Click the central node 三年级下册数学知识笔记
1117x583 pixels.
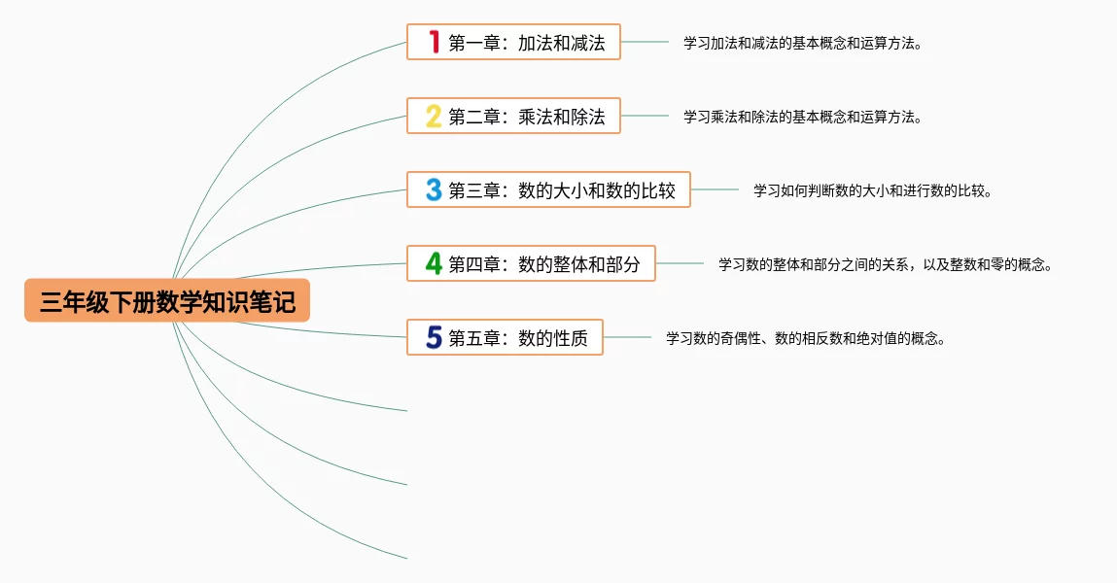pyautogui.click(x=167, y=301)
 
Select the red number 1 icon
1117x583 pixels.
pyautogui.click(x=434, y=42)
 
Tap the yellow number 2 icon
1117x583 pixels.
pyautogui.click(x=434, y=116)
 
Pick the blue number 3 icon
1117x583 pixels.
pyautogui.click(x=434, y=189)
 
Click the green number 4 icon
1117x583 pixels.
pyautogui.click(x=434, y=263)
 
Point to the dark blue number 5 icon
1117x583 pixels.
pyautogui.click(x=434, y=337)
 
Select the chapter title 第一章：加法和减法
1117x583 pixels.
pyautogui.click(x=527, y=43)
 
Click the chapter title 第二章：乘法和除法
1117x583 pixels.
pyautogui.click(x=527, y=117)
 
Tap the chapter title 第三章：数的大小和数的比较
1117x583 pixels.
pyautogui.click(x=562, y=190)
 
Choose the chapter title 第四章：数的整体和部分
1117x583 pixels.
pyautogui.click(x=544, y=264)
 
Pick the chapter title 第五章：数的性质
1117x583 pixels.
pyautogui.click(x=518, y=338)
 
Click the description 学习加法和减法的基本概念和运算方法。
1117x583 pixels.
pyautogui.click(x=802, y=43)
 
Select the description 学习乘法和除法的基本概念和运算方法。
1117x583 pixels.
pyautogui.click(x=802, y=117)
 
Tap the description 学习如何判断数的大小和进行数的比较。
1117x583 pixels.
pyautogui.click(x=872, y=190)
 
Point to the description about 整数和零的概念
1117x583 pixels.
pyautogui.click(x=886, y=264)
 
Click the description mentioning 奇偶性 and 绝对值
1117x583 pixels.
pyautogui.click(x=806, y=338)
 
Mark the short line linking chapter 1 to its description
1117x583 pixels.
pyautogui.click(x=645, y=42)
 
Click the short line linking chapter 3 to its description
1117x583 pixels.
pyautogui.click(x=715, y=189)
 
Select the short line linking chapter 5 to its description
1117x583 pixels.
pyautogui.click(x=627, y=337)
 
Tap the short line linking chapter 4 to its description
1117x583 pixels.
pyautogui.click(x=680, y=263)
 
